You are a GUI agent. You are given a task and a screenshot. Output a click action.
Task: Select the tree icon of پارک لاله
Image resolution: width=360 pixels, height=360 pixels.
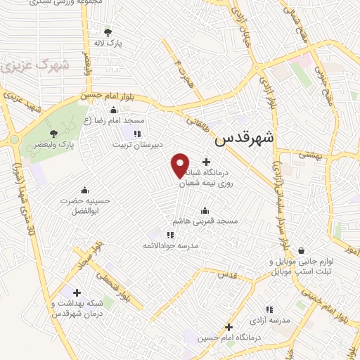pyautogui.click(x=107, y=32)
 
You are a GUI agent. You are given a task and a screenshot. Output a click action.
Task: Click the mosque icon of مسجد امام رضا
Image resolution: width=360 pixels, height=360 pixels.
pyautogui.click(x=114, y=109)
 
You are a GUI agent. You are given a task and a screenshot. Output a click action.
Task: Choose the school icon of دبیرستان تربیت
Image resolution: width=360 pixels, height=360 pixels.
pyautogui.click(x=137, y=133)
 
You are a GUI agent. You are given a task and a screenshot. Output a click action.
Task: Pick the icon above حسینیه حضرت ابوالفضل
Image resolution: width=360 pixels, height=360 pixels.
pyautogui.click(x=85, y=189)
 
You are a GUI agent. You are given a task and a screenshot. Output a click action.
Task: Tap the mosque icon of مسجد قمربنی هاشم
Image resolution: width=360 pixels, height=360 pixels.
pyautogui.click(x=205, y=210)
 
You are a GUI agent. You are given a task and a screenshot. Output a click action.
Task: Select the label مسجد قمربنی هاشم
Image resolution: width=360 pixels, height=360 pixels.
pyautogui.click(x=207, y=221)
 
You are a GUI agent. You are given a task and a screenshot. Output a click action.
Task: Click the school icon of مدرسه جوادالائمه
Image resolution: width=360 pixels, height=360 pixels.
pyautogui.click(x=170, y=234)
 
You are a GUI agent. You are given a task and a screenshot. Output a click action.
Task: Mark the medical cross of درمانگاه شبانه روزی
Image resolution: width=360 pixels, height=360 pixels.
pyautogui.click(x=206, y=162)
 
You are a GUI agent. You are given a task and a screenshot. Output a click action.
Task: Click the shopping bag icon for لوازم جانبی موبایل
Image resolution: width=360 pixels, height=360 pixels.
pyautogui.click(x=301, y=250)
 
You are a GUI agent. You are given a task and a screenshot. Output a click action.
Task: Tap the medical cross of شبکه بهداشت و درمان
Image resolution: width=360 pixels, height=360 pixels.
pyautogui.click(x=77, y=292)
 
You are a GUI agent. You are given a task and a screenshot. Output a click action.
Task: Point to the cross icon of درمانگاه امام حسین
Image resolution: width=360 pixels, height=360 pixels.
pyautogui.click(x=229, y=327)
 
